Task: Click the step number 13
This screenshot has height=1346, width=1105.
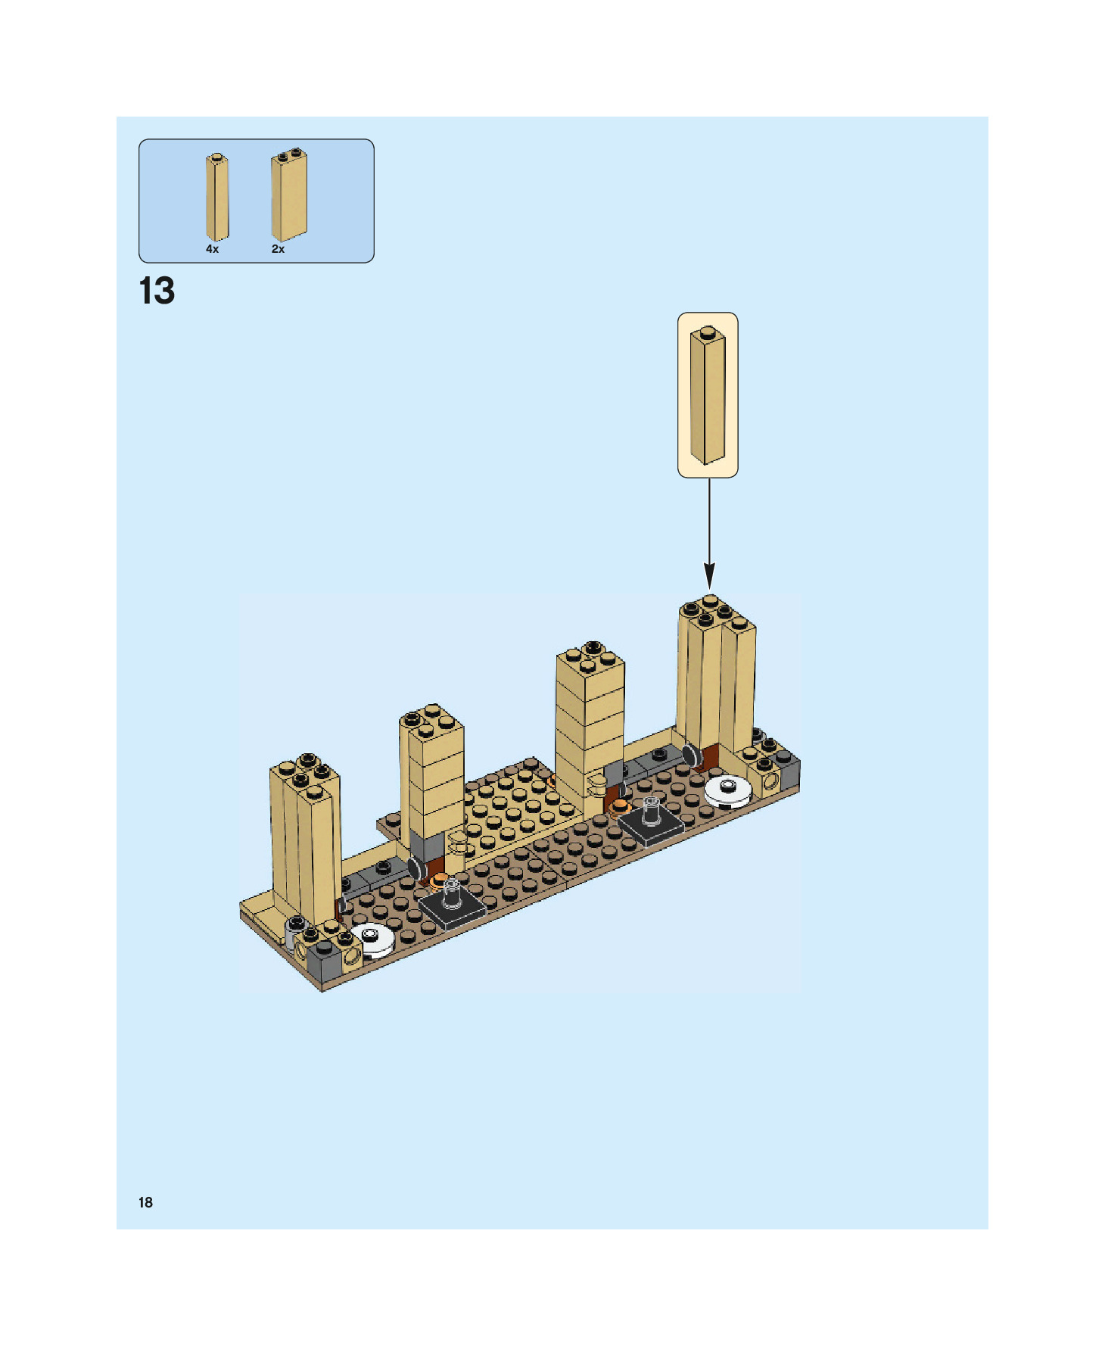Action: tap(157, 291)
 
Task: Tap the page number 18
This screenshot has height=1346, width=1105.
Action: tap(145, 1202)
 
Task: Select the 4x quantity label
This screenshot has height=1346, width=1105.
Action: tap(212, 249)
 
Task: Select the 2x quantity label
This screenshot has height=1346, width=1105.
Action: tap(278, 249)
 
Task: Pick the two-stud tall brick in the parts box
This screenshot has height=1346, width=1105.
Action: tap(289, 195)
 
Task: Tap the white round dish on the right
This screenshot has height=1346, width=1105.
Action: tap(728, 790)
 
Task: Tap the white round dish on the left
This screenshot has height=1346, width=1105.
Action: tap(372, 939)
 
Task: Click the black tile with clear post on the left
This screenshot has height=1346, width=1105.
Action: tap(452, 905)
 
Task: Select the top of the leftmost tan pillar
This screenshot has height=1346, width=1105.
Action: tap(306, 774)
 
